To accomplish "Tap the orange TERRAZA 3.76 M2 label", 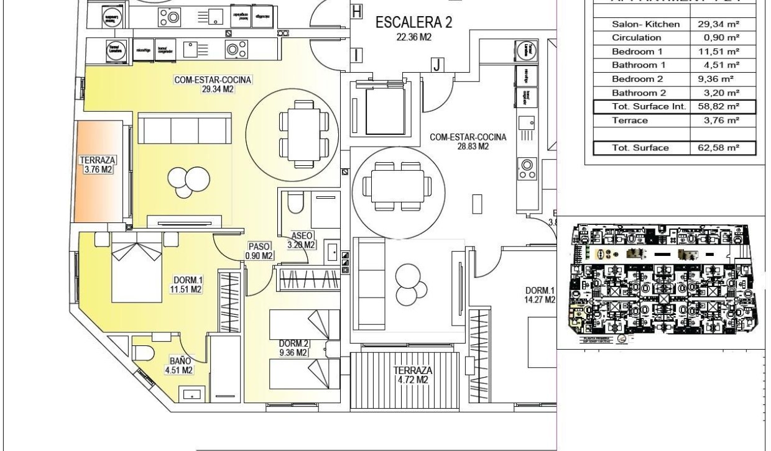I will pyautogui.click(x=97, y=165).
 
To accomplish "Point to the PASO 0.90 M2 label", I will pyautogui.click(x=259, y=251).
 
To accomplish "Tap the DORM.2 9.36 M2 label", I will pyautogui.click(x=293, y=348).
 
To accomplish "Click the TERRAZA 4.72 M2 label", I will pyautogui.click(x=411, y=375).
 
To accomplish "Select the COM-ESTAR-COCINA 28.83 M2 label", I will pyautogui.click(x=468, y=142).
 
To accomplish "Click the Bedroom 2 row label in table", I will pyautogui.click(x=637, y=79).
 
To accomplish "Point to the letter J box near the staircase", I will pyautogui.click(x=437, y=64).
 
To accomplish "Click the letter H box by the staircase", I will pyautogui.click(x=356, y=11).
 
